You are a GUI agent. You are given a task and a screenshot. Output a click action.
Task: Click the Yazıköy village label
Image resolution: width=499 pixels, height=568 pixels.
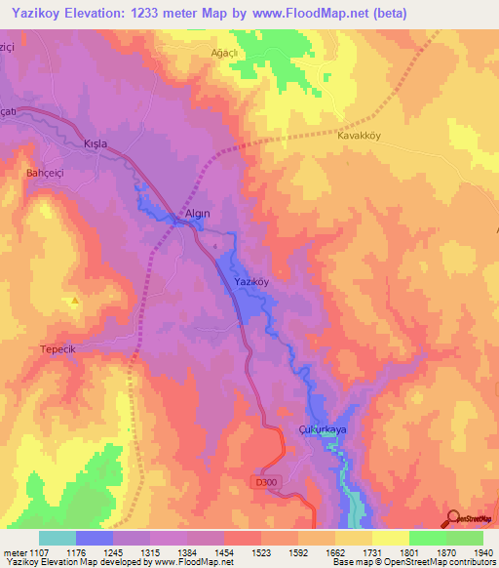click(251, 281)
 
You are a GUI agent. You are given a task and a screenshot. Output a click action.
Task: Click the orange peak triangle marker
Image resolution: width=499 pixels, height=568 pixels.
click(74, 301)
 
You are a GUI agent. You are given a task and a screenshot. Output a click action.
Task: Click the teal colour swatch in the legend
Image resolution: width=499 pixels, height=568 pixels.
click(58, 538)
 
